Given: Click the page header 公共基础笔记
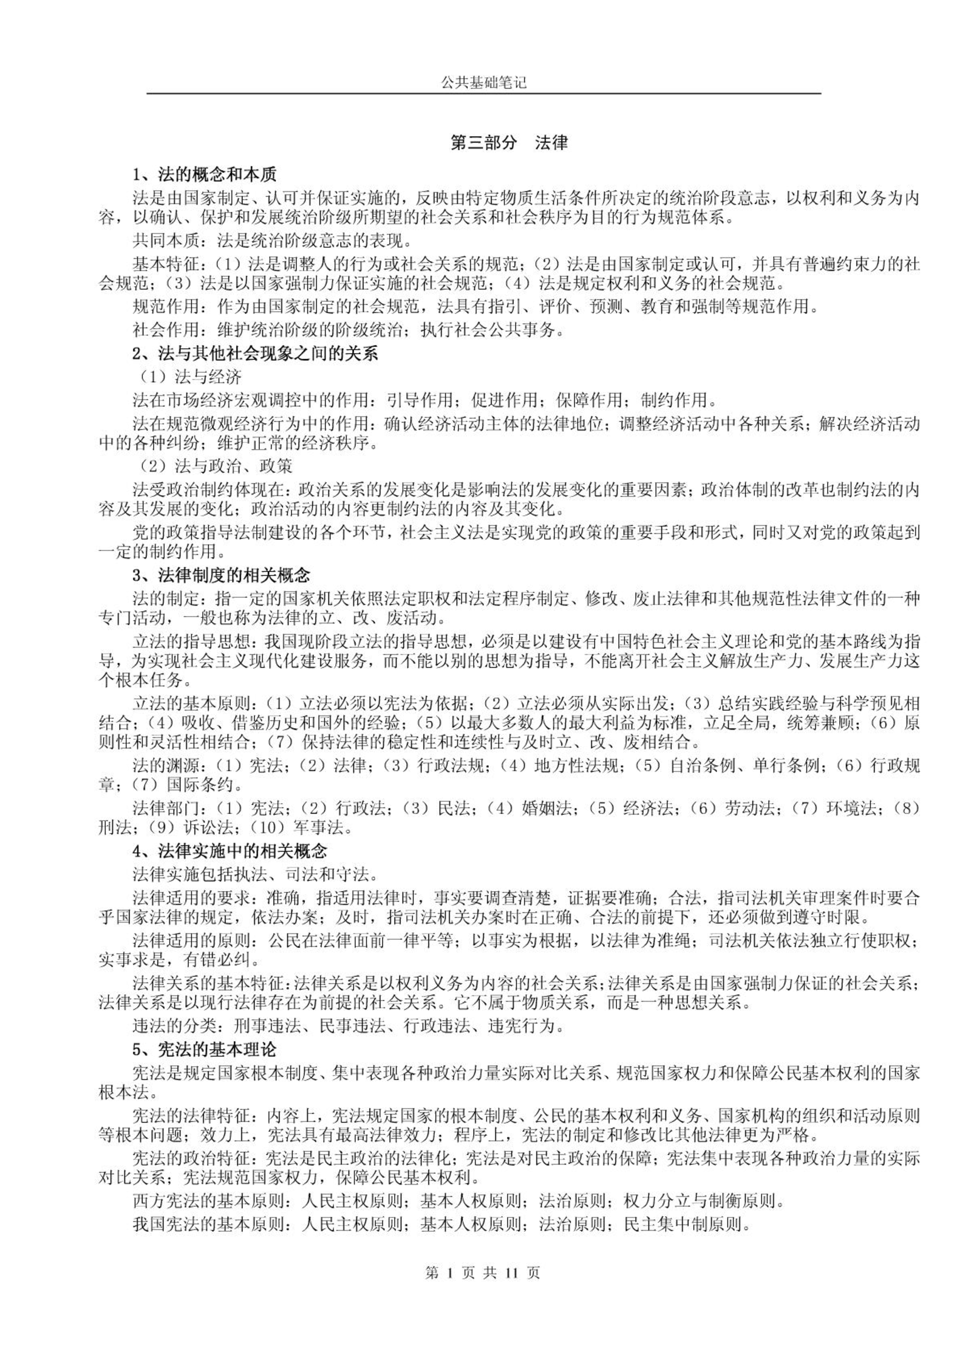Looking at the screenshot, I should pyautogui.click(x=483, y=83).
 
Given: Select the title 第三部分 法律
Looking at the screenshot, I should pyautogui.click(x=509, y=143).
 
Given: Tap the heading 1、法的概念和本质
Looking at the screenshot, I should pyautogui.click(x=205, y=175).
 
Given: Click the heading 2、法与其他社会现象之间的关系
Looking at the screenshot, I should pyautogui.click(x=255, y=354).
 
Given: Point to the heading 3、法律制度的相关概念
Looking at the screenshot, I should pyautogui.click(x=221, y=575).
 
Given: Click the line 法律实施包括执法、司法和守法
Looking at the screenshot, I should pyautogui.click(x=255, y=874).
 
